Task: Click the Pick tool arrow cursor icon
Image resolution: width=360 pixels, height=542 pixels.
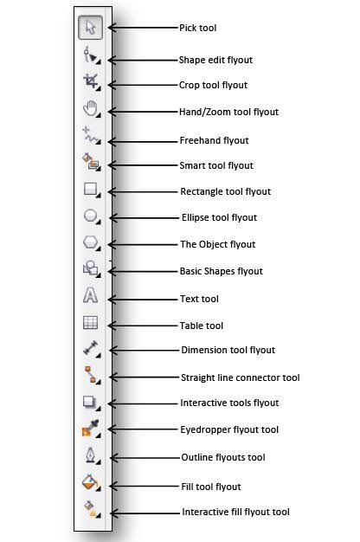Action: [x=91, y=28]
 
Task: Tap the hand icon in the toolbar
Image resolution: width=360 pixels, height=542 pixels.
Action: [x=90, y=108]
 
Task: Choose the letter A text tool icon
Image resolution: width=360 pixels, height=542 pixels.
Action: [x=90, y=295]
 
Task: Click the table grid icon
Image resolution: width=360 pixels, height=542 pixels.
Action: [x=91, y=322]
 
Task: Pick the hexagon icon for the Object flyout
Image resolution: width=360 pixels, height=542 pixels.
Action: [x=91, y=242]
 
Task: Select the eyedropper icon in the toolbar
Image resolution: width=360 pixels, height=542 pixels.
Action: [x=91, y=428]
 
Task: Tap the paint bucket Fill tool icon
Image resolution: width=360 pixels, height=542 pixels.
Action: [x=90, y=481]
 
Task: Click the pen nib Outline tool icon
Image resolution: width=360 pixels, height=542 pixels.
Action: [x=91, y=455]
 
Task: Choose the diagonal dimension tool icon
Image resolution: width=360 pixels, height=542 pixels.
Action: [x=91, y=348]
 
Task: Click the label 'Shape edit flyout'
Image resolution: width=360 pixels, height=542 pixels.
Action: [x=215, y=60]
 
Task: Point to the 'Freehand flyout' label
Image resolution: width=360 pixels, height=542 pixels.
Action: [x=215, y=140]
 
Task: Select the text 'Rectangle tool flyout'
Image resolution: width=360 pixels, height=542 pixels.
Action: [x=226, y=191]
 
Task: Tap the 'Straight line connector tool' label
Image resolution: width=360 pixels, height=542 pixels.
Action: [x=241, y=377]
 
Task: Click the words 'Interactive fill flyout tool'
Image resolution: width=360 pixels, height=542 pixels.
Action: [x=235, y=512]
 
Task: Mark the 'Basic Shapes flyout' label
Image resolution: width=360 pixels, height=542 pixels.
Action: [x=222, y=271]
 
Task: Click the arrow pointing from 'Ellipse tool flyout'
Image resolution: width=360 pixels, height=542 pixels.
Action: [x=144, y=218]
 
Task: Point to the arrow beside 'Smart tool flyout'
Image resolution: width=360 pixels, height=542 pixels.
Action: [x=143, y=165]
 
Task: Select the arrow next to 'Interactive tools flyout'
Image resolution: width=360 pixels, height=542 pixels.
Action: [x=143, y=403]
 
